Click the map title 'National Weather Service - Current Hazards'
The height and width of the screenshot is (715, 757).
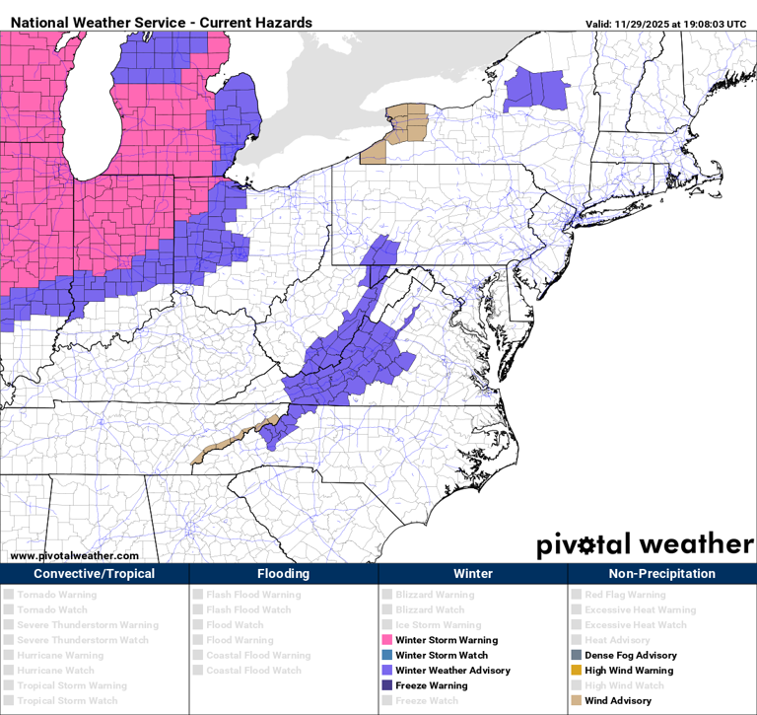point(161,22)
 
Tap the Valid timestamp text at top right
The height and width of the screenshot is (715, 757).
point(666,24)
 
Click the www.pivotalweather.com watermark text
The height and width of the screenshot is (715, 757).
point(74,555)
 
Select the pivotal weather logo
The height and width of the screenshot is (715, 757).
point(645,544)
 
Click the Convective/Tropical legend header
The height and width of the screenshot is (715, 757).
point(94,574)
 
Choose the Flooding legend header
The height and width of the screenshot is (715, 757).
point(283,574)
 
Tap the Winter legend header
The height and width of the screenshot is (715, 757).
point(472,574)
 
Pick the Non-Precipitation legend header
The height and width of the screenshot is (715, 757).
point(661,574)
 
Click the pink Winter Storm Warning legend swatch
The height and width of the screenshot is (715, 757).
point(386,640)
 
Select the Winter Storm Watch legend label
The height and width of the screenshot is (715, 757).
point(442,655)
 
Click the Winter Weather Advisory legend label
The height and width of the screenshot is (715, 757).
point(452,671)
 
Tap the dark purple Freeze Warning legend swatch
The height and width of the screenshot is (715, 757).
point(386,685)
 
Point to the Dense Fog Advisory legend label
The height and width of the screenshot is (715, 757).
point(631,655)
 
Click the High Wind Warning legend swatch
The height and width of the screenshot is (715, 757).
point(576,671)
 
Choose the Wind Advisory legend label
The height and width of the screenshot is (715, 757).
point(617,700)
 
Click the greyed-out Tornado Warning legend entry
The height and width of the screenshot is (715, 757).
point(56,595)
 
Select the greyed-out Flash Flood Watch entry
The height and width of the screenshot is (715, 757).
point(247,609)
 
